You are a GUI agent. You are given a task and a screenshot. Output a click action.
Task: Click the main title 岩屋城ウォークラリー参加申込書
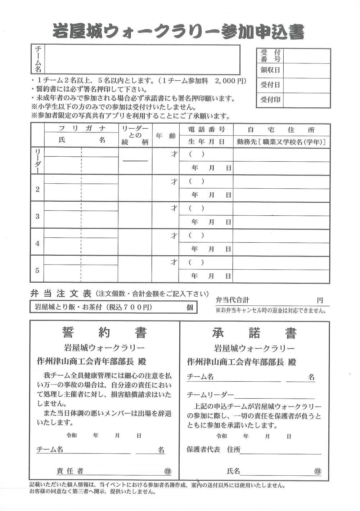point(179,32)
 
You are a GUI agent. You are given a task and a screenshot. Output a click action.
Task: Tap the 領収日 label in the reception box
point(270,70)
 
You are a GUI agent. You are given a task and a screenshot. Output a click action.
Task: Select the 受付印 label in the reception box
point(270,100)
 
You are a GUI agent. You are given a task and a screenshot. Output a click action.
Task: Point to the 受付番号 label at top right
point(270,56)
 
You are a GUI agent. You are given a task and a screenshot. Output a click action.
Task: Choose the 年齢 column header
point(166,136)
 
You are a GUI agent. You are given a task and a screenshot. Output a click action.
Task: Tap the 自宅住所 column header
point(281,130)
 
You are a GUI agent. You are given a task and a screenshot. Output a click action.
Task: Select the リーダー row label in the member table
point(37,161)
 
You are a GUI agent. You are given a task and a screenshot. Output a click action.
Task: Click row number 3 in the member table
point(37,216)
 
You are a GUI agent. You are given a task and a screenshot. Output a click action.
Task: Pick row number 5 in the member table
point(37,270)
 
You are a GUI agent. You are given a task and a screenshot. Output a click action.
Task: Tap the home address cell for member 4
point(281,236)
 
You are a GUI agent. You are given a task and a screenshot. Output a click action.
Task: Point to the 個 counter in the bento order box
point(190,307)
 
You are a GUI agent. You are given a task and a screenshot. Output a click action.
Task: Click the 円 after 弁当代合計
point(320,300)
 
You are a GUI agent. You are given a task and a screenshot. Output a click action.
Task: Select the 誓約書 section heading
point(104,333)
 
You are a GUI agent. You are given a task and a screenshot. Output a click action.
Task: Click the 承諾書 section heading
point(254,333)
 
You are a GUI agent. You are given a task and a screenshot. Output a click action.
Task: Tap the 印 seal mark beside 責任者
point(168,471)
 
